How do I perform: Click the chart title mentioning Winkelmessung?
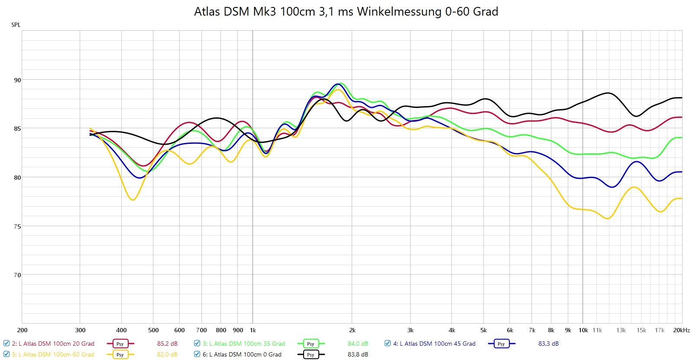[x=346, y=12]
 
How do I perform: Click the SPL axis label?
[x=16, y=25]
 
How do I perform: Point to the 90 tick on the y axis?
[x=17, y=80]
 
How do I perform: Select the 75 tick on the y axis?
[x=17, y=226]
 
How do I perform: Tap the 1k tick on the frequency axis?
[x=253, y=330]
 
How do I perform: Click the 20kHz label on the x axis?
[x=681, y=330]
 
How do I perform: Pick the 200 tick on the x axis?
[x=22, y=330]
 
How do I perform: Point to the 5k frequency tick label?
[x=483, y=330]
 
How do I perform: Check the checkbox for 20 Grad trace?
[x=6, y=343]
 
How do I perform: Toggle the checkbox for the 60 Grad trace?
[x=6, y=354]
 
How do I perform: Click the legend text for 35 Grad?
[x=244, y=344]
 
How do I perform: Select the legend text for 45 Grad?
[x=434, y=344]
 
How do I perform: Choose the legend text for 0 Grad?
[x=242, y=354]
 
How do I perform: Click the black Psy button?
[x=311, y=354]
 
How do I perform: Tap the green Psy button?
[x=311, y=344]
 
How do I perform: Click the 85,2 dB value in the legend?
[x=167, y=344]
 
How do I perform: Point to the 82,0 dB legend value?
[x=167, y=354]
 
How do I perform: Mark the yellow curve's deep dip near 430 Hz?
[x=133, y=199]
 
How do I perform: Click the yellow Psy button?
[x=120, y=354]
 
